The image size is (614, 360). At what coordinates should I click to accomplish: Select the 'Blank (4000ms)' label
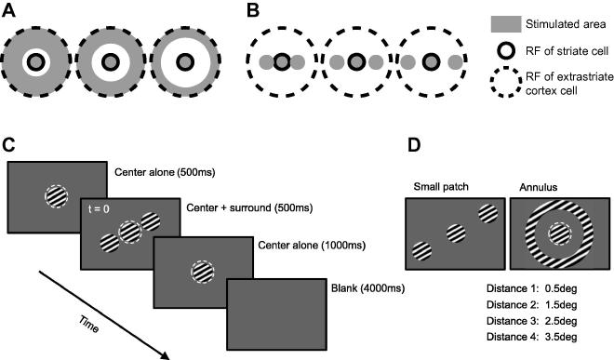(361, 287)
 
